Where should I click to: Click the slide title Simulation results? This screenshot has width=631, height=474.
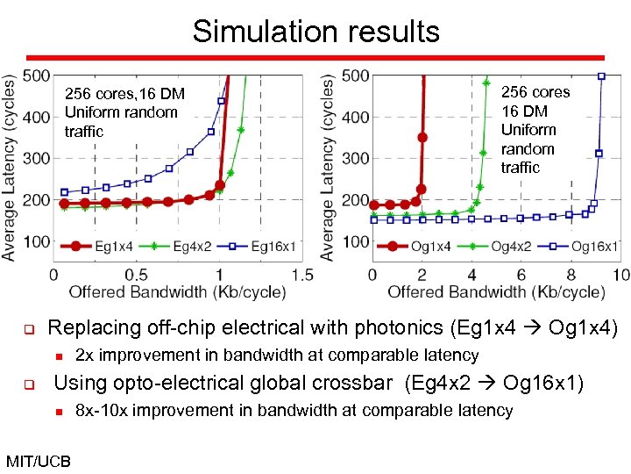point(315,32)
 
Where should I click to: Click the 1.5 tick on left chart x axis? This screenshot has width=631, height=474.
point(301,275)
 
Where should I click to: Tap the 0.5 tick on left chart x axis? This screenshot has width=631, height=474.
point(137,275)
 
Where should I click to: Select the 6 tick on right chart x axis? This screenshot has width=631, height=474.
point(521,275)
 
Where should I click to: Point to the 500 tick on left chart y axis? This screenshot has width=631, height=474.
point(36,75)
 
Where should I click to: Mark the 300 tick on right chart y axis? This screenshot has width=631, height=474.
point(355,159)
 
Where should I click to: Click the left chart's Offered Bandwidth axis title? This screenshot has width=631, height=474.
point(175,291)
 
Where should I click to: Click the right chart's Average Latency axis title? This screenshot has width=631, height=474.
point(328,167)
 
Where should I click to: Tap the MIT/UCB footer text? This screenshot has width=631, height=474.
point(38,460)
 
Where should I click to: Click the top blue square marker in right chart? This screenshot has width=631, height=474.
point(601,76)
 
